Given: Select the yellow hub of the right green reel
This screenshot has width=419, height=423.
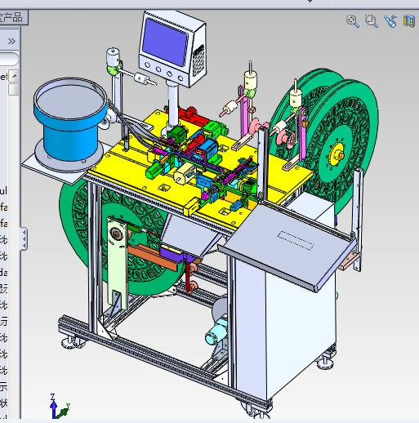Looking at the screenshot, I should coord(337,153).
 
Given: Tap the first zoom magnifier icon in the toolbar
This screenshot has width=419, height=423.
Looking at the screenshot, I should coord(353,22).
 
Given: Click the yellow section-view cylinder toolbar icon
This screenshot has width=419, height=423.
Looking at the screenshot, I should coord(408,22).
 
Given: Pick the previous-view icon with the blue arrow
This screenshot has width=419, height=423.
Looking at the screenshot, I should coord(390,22).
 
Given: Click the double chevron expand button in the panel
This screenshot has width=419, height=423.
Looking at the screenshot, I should coord(11,40).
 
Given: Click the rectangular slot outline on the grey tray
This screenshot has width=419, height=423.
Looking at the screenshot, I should coord(297,238).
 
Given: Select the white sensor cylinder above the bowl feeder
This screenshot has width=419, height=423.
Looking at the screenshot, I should coord(112,60).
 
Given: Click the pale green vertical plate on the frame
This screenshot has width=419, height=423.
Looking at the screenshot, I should coord(116,261).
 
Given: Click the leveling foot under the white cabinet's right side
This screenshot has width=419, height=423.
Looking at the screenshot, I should coord(329,357).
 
